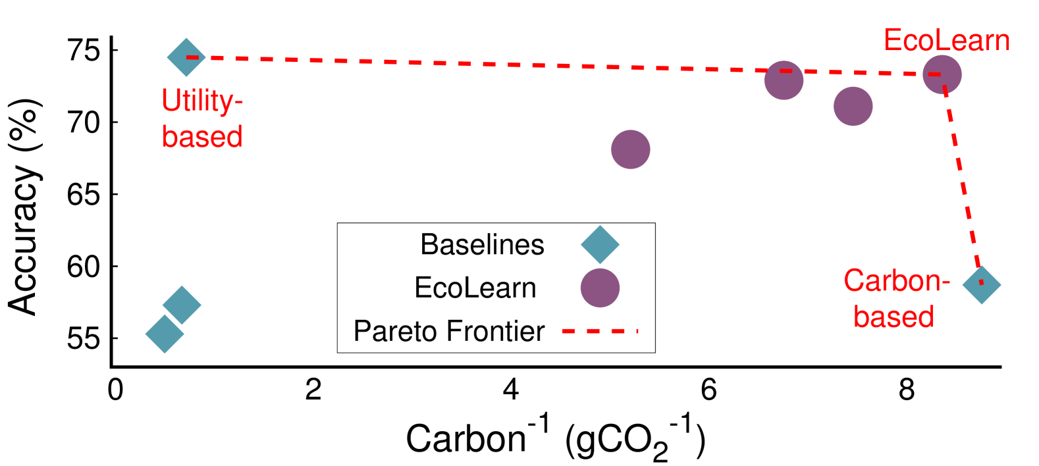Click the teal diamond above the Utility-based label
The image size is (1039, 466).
(x=186, y=57)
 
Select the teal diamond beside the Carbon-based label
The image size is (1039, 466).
(x=981, y=284)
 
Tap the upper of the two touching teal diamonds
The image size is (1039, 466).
(x=182, y=305)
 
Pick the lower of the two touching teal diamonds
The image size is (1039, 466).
(x=165, y=334)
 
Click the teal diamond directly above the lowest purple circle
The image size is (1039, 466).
(x=600, y=245)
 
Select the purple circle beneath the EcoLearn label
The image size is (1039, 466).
(x=942, y=75)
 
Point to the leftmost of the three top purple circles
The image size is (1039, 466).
(x=784, y=80)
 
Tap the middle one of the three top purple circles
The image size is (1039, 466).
(x=853, y=106)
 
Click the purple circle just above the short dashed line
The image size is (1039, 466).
(x=600, y=288)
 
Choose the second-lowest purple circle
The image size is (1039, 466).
(x=630, y=149)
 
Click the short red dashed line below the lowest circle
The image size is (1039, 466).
(x=599, y=331)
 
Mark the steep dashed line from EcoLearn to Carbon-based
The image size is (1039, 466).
(x=962, y=178)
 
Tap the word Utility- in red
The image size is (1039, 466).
(x=202, y=101)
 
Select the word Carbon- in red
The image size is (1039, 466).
(x=896, y=281)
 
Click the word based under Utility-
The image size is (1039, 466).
(x=202, y=136)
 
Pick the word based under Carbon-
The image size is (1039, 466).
(x=893, y=317)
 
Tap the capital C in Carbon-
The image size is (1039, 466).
(x=854, y=281)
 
